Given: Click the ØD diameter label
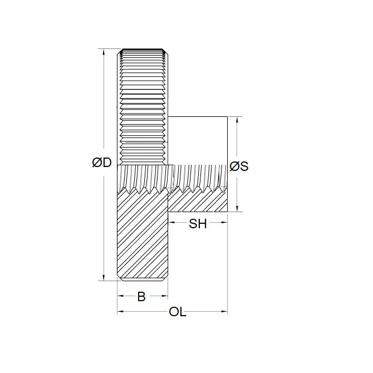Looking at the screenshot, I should point(102,163).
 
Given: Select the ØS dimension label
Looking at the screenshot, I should point(239,166).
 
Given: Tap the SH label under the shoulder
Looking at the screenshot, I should point(198,224).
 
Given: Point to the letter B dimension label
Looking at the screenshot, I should point(141,297).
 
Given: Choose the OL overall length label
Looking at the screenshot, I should point(177,312).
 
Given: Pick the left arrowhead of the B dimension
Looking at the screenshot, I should point(120,296).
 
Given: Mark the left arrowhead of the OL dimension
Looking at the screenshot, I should point(120,312).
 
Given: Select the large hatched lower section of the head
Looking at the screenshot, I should point(142,237).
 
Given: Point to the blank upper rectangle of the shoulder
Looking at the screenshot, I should point(198,140).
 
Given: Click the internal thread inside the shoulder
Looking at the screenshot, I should point(198,177).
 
